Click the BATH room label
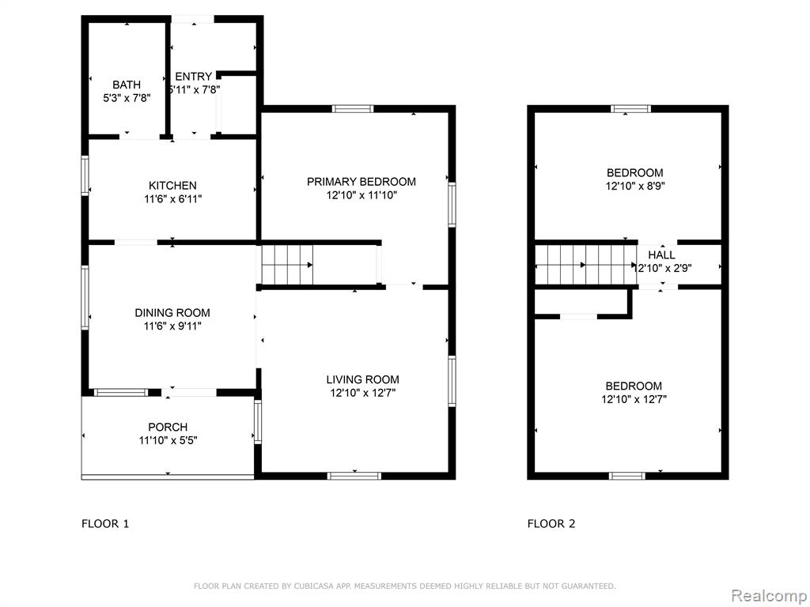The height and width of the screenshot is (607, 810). click(127, 85)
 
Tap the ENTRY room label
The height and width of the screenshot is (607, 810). click(193, 77)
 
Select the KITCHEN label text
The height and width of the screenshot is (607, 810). click(172, 185)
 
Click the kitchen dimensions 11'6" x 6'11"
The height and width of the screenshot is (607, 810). click(172, 198)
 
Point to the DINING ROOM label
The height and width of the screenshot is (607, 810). click(172, 312)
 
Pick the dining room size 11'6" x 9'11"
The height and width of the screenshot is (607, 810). click(172, 326)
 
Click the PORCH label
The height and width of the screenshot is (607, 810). click(168, 427)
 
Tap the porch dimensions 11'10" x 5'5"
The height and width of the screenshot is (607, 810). click(168, 440)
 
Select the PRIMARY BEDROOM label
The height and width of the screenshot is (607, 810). click(361, 182)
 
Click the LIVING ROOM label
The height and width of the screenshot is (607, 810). click(362, 379)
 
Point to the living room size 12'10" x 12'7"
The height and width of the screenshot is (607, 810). click(362, 393)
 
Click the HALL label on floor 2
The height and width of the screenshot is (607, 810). click(661, 254)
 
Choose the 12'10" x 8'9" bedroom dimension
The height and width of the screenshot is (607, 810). click(635, 186)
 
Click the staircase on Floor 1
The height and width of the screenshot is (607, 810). click(287, 265)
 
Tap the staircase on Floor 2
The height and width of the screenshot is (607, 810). click(586, 265)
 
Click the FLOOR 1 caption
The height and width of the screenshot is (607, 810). click(105, 524)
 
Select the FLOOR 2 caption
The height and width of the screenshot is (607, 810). click(551, 524)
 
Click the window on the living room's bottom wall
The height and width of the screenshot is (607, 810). click(355, 476)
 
